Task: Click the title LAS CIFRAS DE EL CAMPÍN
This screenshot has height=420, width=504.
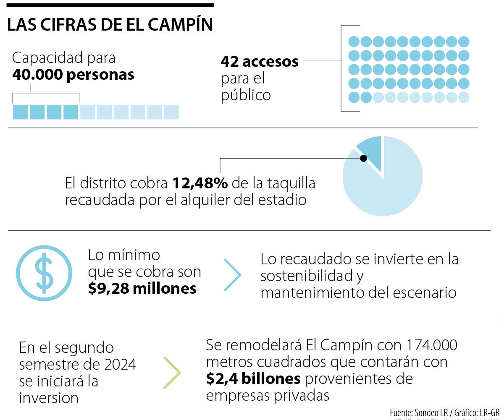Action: pos(110,26)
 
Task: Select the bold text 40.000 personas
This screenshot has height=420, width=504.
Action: pos(73,75)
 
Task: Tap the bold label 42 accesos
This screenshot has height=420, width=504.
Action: pos(259,62)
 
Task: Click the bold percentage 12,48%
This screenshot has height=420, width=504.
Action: pos(200,183)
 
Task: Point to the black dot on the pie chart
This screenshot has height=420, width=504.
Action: pos(364,158)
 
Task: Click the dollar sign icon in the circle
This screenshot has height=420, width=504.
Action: pos(44,273)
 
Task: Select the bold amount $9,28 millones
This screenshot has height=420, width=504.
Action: pos(142,289)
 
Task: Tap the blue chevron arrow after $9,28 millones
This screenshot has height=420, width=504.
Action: pos(233,275)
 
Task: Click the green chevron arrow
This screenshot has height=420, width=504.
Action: pos(172,373)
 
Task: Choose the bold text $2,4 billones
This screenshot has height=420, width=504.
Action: pos(253,379)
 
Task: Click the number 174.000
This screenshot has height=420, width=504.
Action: pos(432,346)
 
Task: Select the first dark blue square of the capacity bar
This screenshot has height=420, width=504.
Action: pos(21,112)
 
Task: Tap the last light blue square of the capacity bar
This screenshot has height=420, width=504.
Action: pos(171,112)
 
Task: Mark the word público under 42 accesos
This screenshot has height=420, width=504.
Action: pos(246,95)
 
